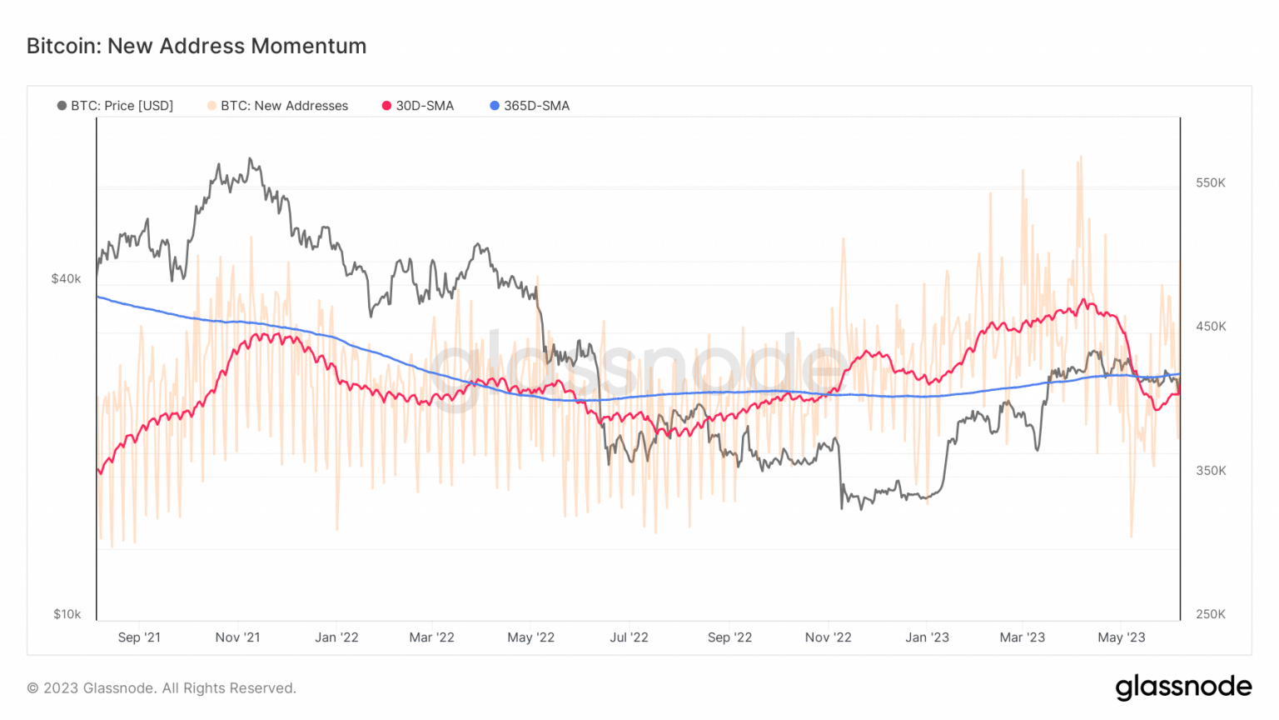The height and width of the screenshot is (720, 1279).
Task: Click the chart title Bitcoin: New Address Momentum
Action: (197, 46)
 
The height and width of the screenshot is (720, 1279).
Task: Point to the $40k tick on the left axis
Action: (66, 278)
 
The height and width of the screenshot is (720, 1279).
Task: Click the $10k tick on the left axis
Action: (67, 614)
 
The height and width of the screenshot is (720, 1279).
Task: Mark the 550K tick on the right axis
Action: (1211, 182)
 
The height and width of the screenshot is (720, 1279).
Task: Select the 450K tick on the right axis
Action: (1211, 327)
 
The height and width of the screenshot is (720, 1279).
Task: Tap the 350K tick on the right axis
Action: (1211, 471)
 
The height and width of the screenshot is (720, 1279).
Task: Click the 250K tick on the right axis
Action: (1211, 614)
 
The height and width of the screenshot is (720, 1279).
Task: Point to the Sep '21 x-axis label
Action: (139, 637)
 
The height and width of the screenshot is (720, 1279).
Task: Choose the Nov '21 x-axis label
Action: (237, 637)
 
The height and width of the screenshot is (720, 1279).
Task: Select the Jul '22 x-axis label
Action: (629, 637)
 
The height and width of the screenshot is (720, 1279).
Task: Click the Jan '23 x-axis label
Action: (927, 637)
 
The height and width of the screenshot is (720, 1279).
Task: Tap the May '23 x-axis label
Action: (1121, 637)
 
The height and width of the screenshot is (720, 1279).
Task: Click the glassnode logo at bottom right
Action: (1183, 687)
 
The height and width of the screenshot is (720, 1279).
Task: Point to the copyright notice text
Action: (162, 688)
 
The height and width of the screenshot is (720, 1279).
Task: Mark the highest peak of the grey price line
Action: (250, 158)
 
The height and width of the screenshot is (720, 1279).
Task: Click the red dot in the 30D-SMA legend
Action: (386, 106)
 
